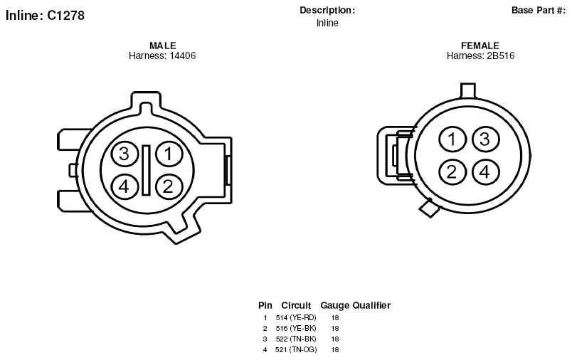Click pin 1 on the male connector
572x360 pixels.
[x=169, y=154]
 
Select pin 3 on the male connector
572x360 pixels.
[x=125, y=154]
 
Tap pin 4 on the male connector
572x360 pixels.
[x=125, y=186]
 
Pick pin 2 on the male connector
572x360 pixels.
[x=169, y=186]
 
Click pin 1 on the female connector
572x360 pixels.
[x=452, y=139]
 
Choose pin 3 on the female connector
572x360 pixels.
[x=485, y=139]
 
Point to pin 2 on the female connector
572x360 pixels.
[x=452, y=171]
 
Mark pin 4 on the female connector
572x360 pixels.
[x=485, y=171]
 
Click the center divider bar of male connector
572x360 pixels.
[x=147, y=170]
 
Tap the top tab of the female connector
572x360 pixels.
[x=468, y=91]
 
